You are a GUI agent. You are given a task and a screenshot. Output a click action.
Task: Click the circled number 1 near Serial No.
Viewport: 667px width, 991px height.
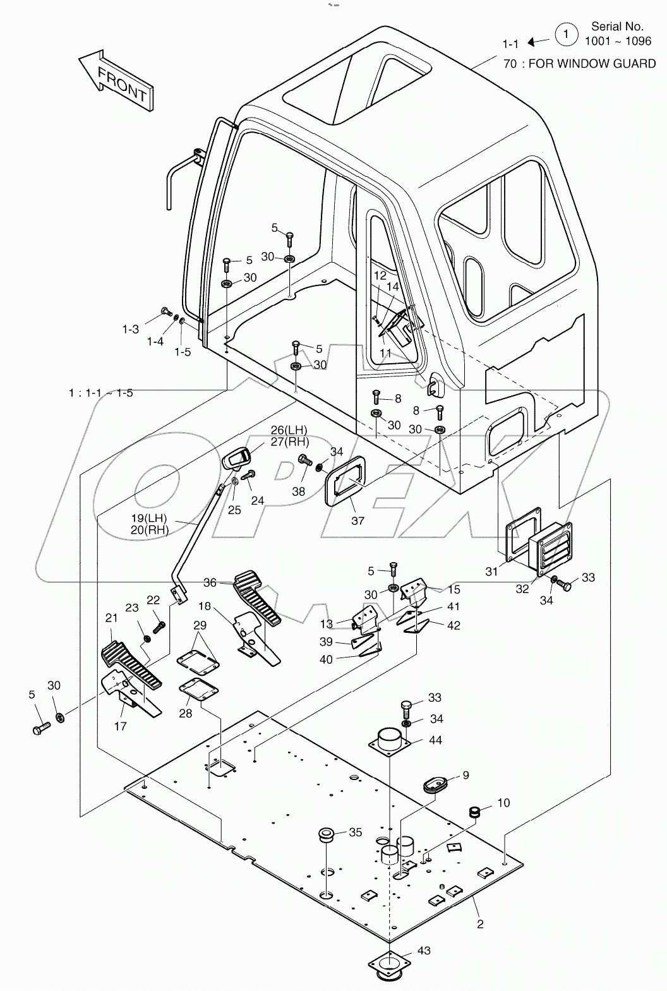(x=566, y=35)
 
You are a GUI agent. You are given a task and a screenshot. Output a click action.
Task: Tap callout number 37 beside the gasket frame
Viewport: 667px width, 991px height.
(x=358, y=520)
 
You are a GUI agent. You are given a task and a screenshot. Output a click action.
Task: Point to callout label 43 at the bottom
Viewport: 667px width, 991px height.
(x=424, y=951)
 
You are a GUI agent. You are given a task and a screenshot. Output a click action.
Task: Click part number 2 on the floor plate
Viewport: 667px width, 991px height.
(x=480, y=924)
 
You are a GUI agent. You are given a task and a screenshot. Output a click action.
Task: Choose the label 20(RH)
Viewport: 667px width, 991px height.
(x=150, y=530)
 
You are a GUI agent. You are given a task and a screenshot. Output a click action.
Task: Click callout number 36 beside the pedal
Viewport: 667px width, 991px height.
(x=210, y=582)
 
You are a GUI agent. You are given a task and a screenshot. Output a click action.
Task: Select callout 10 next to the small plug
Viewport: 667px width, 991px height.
(x=503, y=803)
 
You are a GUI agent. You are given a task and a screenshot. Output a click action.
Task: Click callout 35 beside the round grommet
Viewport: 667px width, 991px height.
(x=355, y=832)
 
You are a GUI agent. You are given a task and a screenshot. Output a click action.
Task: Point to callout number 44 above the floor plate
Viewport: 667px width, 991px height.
(x=435, y=740)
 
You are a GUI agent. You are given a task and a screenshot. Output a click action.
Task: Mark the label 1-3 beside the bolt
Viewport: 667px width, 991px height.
(x=131, y=329)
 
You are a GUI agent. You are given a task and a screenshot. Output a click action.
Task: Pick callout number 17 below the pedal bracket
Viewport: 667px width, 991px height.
(x=121, y=726)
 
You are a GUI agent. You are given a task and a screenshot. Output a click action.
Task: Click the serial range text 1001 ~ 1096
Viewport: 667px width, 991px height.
(x=618, y=41)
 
